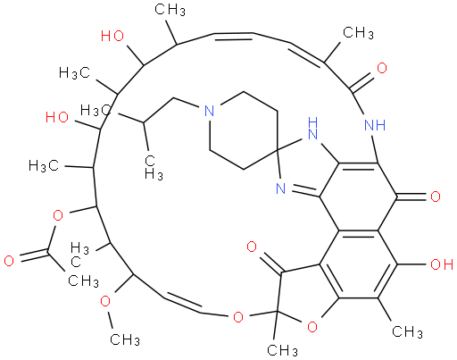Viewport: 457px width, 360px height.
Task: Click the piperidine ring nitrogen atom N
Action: coord(210,112)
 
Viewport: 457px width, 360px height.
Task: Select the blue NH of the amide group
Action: coord(375,125)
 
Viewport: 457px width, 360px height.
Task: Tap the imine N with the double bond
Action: coord(280,188)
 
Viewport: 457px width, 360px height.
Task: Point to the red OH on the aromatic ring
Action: coord(442,264)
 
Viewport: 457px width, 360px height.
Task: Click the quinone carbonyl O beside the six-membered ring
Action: coord(436,197)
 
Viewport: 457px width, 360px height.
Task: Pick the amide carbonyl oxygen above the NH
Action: coord(382,68)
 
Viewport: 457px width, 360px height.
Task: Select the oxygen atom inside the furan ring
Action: coord(312,328)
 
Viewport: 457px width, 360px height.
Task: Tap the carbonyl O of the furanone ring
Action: coord(252,247)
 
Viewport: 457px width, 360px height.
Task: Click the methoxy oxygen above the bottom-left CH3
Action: coord(105,301)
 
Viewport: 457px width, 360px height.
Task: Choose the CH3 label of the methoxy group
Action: coord(125,339)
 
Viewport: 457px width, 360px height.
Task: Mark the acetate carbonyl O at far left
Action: coord(9,261)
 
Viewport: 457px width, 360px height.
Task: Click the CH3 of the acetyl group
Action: coord(83,281)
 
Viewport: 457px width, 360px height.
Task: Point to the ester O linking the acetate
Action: coord(58,215)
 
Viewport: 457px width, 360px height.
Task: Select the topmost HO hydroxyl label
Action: coord(112,36)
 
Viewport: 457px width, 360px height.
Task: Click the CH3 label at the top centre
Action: coord(170,10)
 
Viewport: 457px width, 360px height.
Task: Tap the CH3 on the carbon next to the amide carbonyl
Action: coord(358,32)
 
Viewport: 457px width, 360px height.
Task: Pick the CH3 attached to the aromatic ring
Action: coord(408,331)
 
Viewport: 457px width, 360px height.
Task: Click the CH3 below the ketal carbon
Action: coord(282,350)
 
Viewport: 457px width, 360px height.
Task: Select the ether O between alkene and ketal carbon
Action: coord(238,317)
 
